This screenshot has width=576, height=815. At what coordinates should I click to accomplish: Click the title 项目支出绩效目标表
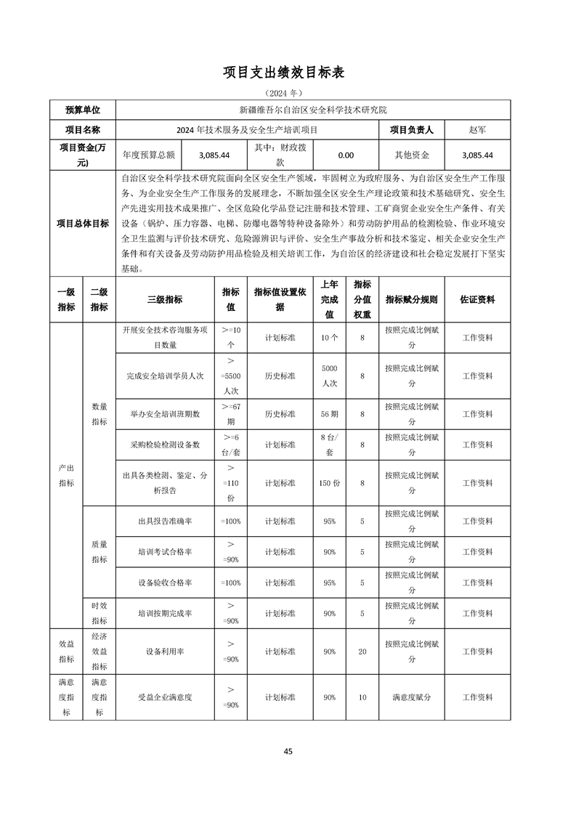(288, 73)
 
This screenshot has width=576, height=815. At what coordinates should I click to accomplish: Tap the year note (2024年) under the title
(288, 94)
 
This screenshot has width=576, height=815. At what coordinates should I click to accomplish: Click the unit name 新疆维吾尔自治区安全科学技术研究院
(313, 110)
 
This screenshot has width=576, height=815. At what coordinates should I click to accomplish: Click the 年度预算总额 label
(149, 155)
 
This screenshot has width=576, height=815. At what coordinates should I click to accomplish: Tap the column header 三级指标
(165, 299)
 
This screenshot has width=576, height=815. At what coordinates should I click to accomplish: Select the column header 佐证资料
(477, 299)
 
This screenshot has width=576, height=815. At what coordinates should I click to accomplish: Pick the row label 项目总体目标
(83, 223)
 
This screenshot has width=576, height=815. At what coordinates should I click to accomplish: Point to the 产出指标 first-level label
(66, 475)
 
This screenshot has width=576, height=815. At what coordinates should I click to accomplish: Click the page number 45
(288, 751)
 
